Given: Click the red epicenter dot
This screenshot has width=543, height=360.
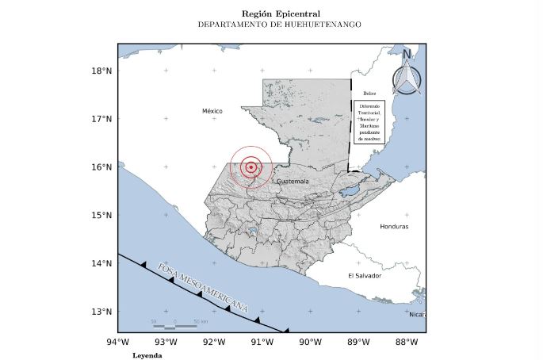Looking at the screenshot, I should click(x=251, y=167).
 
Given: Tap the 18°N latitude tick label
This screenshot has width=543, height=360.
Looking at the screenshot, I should click(x=101, y=71).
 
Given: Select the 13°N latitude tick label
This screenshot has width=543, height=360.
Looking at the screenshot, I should click(x=101, y=312).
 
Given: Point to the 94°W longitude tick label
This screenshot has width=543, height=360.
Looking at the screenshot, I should click(x=118, y=343).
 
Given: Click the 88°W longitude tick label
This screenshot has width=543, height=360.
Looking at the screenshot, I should click(x=407, y=343).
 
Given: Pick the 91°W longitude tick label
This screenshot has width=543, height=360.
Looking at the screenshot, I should click(x=262, y=343).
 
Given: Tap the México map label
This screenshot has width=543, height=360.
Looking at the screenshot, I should click(x=212, y=112).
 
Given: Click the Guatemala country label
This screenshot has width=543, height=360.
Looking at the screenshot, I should click(x=293, y=182).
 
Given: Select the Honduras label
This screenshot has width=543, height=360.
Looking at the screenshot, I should click(x=394, y=227).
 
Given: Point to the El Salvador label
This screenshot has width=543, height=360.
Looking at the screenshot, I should click(x=365, y=275).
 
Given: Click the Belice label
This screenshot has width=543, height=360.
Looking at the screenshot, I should click(x=369, y=94).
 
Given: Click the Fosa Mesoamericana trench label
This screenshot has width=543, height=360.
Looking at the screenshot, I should click(x=203, y=286).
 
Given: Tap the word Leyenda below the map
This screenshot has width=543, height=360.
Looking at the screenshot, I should click(x=147, y=355).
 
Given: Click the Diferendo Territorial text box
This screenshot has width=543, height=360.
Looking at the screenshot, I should click(x=369, y=121).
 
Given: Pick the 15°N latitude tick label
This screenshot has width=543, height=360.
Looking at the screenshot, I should click(x=101, y=215).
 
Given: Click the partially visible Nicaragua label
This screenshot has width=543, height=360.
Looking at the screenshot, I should click(x=417, y=315).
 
